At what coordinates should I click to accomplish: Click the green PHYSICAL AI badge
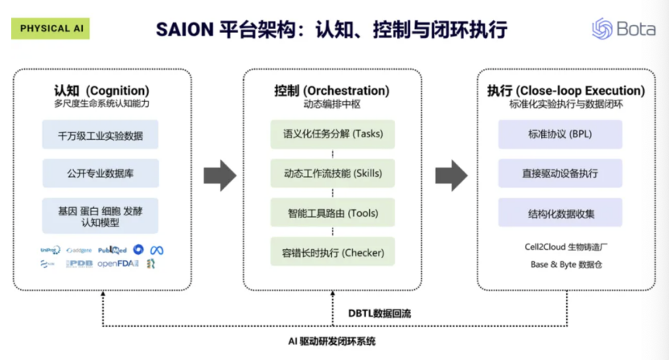point(51,28)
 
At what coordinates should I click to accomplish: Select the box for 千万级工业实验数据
point(101,135)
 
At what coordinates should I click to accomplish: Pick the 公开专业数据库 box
point(101,173)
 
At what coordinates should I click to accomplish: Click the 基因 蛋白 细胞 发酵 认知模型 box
point(101,215)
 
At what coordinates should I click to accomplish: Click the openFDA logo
point(118,264)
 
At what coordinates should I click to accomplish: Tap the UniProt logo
point(50,250)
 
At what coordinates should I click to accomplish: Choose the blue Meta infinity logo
point(157,250)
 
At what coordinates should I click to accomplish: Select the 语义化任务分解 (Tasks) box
point(332,133)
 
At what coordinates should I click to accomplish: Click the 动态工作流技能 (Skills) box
point(332,173)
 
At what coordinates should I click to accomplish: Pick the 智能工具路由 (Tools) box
point(332,213)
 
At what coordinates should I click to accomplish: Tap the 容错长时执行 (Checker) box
point(332,253)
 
